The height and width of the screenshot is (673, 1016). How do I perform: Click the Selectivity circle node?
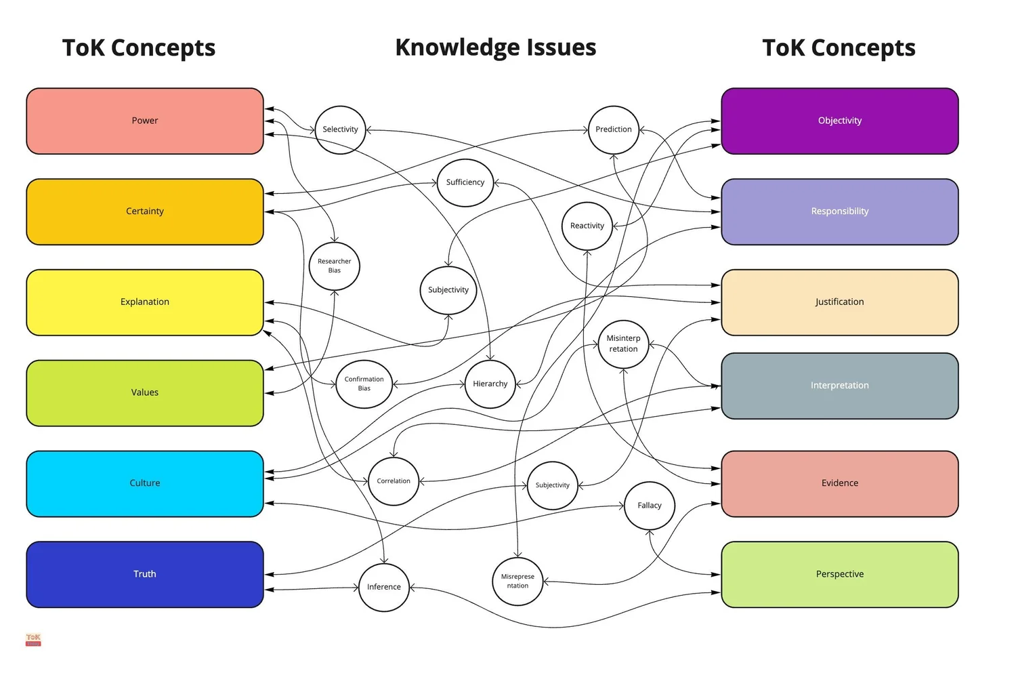click(x=340, y=129)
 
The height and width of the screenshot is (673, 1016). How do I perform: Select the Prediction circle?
click(x=614, y=129)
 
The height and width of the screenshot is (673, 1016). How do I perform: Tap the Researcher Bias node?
click(x=335, y=266)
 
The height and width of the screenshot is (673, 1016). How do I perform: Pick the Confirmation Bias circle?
click(x=364, y=384)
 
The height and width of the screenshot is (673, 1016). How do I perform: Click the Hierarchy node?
click(x=490, y=384)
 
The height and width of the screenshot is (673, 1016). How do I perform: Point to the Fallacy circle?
click(x=649, y=506)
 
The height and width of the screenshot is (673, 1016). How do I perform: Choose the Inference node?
click(x=383, y=587)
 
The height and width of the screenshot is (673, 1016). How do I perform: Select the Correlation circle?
click(x=394, y=481)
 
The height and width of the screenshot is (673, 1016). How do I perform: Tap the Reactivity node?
click(x=587, y=226)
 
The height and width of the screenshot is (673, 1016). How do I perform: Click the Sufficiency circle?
click(x=465, y=182)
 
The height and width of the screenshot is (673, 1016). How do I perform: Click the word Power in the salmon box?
click(x=145, y=121)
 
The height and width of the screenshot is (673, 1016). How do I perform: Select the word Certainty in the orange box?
click(x=145, y=211)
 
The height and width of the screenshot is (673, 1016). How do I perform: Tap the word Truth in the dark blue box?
click(x=145, y=574)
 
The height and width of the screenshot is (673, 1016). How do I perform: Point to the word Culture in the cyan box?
click(x=145, y=483)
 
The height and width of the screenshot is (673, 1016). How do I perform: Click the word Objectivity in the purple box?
click(x=839, y=121)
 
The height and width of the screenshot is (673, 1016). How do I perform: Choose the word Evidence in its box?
click(x=839, y=483)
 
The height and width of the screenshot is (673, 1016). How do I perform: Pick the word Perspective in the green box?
click(x=839, y=574)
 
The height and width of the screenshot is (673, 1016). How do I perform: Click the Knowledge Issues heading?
click(x=495, y=47)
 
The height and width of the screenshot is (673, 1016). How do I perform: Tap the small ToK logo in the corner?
click(x=33, y=639)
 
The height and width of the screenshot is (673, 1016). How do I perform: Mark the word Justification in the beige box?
click(x=839, y=302)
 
